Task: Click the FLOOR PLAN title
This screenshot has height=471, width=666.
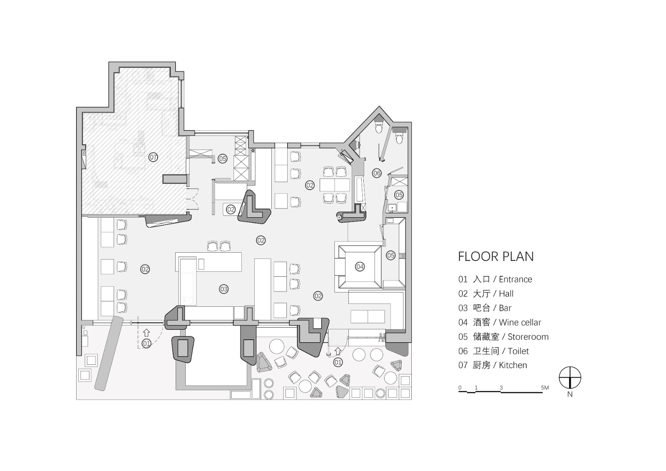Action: tap(496, 256)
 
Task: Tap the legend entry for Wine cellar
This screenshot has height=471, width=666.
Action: tap(499, 322)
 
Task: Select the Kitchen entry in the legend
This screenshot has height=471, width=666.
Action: tap(492, 365)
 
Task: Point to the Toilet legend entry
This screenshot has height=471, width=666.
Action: tap(493, 351)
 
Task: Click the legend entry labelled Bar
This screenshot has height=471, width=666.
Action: tap(485, 308)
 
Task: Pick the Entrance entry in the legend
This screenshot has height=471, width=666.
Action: tap(495, 279)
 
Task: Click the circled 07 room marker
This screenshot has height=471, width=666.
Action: tap(153, 157)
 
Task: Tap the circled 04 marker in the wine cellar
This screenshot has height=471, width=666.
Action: tap(360, 266)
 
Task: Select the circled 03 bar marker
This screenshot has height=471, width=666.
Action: tap(224, 289)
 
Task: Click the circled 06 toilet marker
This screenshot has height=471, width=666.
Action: tap(377, 173)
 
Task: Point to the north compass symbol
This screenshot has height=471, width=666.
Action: tap(570, 378)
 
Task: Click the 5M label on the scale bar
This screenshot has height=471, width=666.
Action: tap(545, 388)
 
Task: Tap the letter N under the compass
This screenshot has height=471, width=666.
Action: tap(570, 394)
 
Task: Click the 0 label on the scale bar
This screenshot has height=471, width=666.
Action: tap(460, 388)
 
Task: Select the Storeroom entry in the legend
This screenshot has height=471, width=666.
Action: tap(503, 337)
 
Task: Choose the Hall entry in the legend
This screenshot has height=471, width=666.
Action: tap(486, 293)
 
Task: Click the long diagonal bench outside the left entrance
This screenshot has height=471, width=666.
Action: tap(109, 354)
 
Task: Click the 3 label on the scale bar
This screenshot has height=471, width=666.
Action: tap(501, 388)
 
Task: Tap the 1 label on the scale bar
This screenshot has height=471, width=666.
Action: tap(476, 388)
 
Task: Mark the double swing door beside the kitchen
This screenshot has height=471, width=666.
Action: tap(192, 199)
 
